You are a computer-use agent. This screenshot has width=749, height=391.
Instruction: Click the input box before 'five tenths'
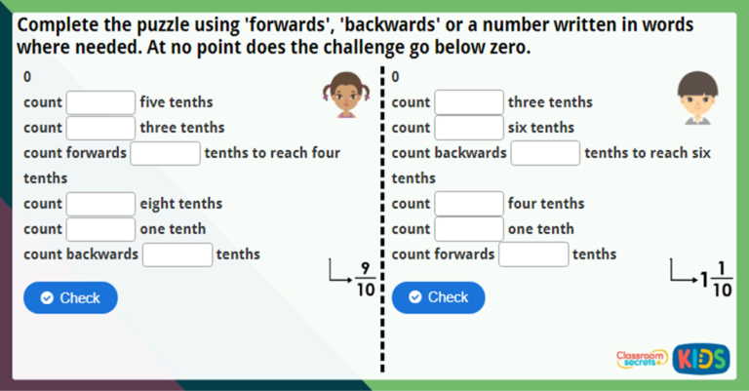tap(100, 102)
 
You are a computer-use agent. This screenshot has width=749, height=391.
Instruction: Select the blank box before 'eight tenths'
tap(100, 204)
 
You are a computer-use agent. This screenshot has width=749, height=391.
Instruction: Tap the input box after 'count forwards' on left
tap(165, 153)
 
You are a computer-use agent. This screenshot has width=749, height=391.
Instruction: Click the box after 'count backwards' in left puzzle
tap(177, 254)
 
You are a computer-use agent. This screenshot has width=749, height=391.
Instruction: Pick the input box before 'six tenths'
tap(468, 128)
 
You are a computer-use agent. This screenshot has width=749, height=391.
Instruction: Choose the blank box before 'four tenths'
tap(468, 204)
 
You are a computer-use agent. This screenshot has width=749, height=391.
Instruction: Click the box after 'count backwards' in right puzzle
tap(545, 153)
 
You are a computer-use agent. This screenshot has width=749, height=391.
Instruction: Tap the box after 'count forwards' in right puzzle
tap(533, 254)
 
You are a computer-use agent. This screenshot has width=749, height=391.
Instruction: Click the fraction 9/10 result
tap(365, 278)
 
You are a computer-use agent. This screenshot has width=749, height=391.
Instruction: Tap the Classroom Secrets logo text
tap(642, 359)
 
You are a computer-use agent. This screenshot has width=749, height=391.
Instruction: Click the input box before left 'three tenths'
tap(100, 128)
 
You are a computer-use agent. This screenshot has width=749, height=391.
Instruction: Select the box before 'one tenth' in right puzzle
tap(468, 229)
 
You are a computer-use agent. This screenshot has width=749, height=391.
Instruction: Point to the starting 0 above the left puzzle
tap(27, 77)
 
